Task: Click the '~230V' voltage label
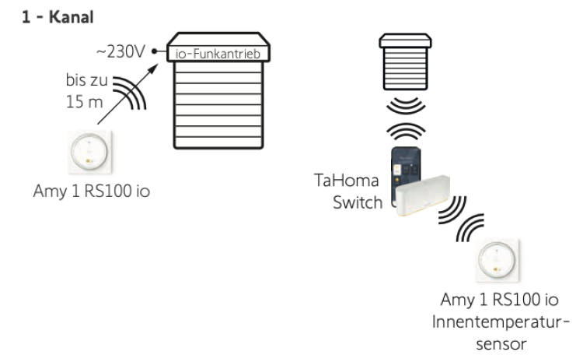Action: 122,51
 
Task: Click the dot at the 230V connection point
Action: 155,51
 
